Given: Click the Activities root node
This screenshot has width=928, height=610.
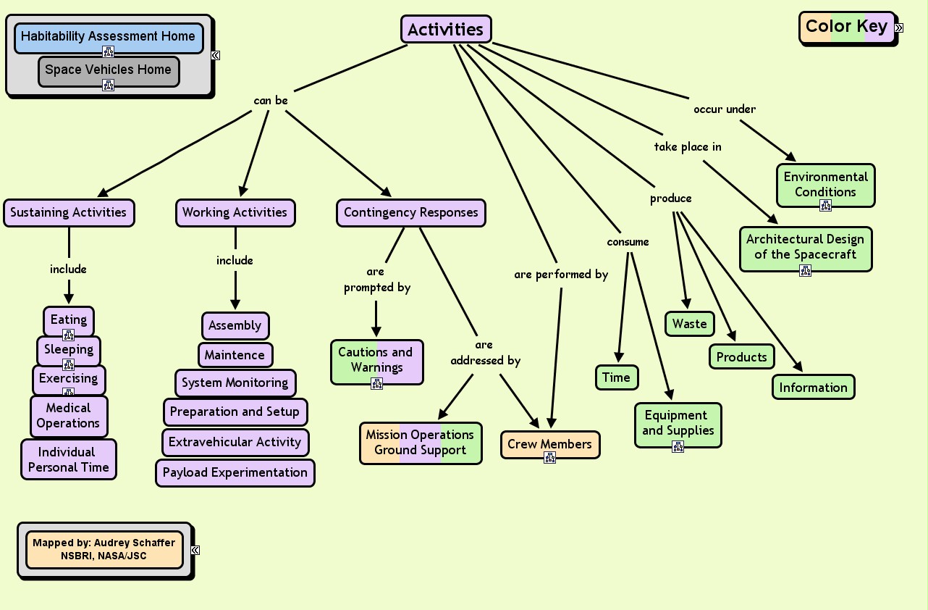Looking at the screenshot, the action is pos(446,29).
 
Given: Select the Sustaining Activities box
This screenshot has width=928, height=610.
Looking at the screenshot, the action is pos(69,213).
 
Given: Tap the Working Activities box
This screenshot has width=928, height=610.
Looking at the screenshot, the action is pos(235,213).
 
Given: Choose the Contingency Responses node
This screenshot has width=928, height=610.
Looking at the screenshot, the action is pos(411,213).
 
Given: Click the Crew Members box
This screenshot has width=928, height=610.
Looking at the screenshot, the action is pos(550,445).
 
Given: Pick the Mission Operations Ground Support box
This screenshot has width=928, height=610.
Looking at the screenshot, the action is pos(421,443).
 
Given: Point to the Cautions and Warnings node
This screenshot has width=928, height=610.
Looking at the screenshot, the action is pos(376,362).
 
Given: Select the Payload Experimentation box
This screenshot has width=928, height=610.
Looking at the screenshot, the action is pos(235,473).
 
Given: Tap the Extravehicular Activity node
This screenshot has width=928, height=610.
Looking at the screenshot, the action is pos(235,443).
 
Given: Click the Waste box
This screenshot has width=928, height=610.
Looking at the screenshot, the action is pos(690,324).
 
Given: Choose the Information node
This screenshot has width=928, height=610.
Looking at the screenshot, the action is pos(813,388).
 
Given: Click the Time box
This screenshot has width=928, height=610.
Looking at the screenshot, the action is pos(617,377).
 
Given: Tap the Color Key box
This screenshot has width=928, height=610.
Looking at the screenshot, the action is pos(847,27).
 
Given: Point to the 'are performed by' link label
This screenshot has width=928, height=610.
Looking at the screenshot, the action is pos(561,275).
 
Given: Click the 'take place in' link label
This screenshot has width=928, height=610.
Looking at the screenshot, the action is pos(688,147).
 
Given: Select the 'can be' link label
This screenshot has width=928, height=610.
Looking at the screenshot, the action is pos(271,101).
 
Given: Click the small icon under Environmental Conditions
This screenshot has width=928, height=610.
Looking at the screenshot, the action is pos(825,205).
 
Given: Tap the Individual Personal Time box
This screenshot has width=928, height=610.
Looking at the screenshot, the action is pos(69,459).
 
